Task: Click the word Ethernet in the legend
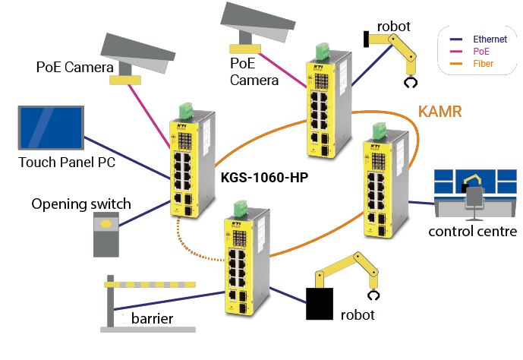pyautogui.click(x=490, y=39)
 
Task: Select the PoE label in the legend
pyautogui.click(x=482, y=52)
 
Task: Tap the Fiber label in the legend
pyautogui.click(x=484, y=64)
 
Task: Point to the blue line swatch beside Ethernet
pyautogui.click(x=457, y=39)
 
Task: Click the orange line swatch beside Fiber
pyautogui.click(x=457, y=64)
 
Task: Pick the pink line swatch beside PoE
pyautogui.click(x=457, y=52)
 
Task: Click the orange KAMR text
pyautogui.click(x=440, y=113)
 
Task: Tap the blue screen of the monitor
pyautogui.click(x=51, y=128)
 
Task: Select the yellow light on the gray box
pyautogui.click(x=106, y=224)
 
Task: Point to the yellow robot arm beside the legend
pyautogui.click(x=399, y=46)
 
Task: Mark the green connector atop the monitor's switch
pyautogui.click(x=184, y=112)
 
